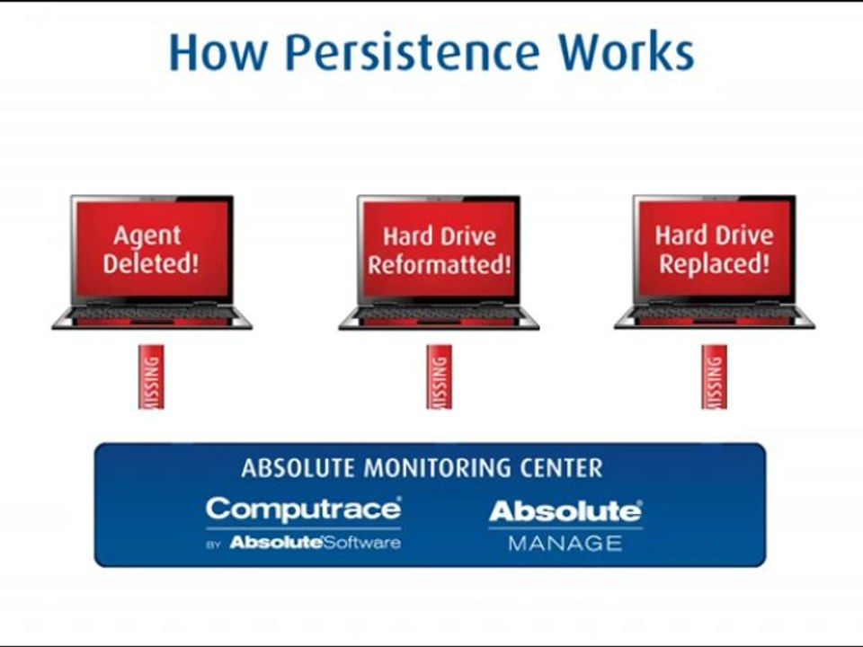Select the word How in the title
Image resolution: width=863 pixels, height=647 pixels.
point(217,52)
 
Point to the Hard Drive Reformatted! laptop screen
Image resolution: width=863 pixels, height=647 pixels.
point(439,250)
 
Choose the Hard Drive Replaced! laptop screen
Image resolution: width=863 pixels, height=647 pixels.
point(714,250)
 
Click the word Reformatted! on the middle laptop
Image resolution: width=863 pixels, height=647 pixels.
point(439,265)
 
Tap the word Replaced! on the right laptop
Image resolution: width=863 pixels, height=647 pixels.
point(714,264)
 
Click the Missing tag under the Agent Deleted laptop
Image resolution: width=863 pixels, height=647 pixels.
point(151,377)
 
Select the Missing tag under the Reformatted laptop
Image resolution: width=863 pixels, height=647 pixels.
point(439,377)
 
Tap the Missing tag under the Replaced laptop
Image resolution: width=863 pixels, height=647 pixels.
point(714,377)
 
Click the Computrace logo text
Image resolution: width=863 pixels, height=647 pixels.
point(303,510)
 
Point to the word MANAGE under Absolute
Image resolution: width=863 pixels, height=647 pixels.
point(565,543)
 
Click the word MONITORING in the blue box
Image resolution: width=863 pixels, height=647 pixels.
point(440,468)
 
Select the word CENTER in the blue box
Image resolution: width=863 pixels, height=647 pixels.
point(562,468)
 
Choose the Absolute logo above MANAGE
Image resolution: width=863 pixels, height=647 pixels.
point(565,511)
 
